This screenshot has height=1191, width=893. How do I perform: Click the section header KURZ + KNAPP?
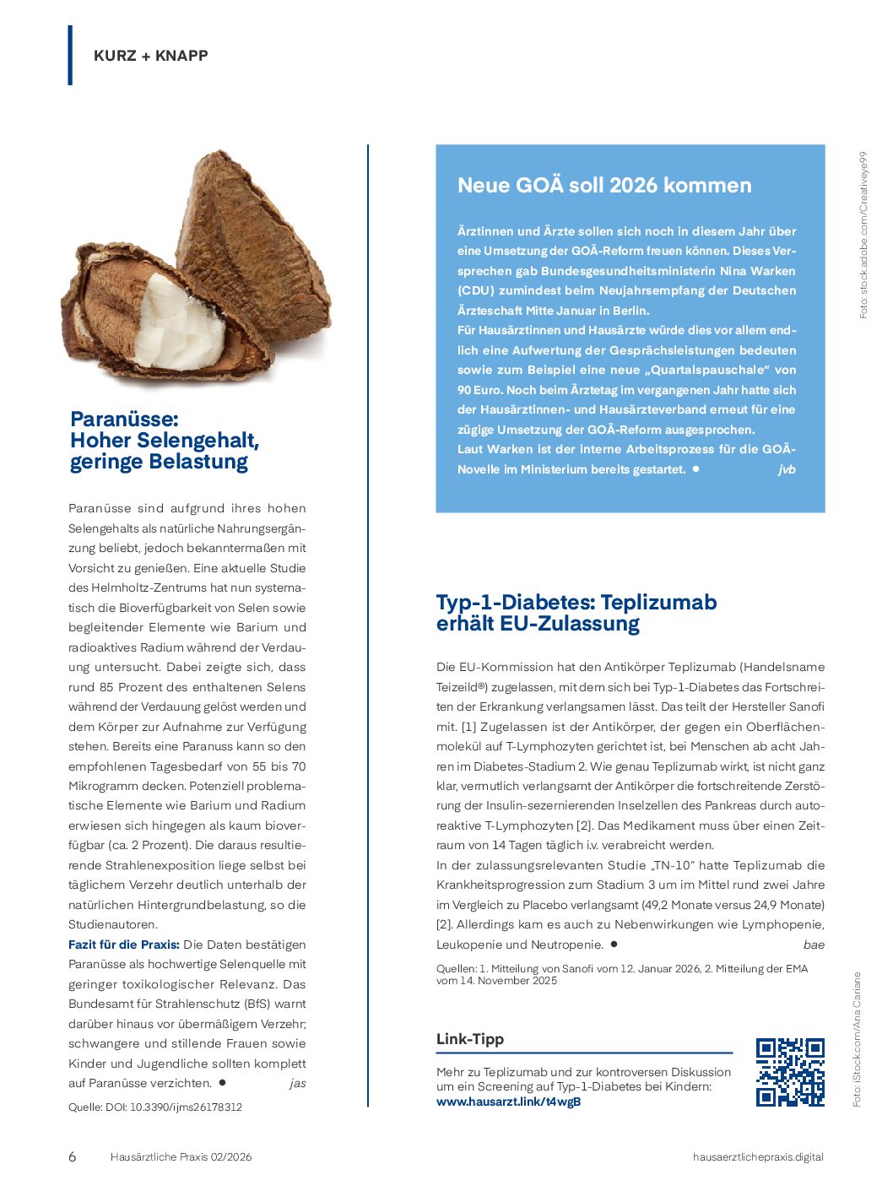(151, 56)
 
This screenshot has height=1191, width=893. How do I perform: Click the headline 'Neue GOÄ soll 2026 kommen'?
(604, 186)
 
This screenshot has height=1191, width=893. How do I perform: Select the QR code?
(790, 1072)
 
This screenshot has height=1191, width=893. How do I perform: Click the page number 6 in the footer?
(72, 1157)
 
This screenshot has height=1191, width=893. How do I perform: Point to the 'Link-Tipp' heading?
(470, 1039)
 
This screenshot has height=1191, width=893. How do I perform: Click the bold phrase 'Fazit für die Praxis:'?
(124, 945)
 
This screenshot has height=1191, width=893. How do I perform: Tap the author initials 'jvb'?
(786, 469)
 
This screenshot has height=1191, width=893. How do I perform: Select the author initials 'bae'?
(814, 945)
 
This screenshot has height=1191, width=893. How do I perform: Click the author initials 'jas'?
(297, 1083)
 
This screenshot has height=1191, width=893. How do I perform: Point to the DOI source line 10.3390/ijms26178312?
(185, 1107)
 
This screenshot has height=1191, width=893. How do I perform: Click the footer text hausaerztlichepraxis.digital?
(758, 1157)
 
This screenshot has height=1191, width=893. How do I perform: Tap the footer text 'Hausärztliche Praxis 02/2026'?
(181, 1157)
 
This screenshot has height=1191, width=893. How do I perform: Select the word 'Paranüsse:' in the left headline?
(124, 419)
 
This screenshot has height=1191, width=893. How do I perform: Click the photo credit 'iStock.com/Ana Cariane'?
(857, 1039)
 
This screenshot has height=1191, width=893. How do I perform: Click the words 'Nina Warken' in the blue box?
(757, 271)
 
